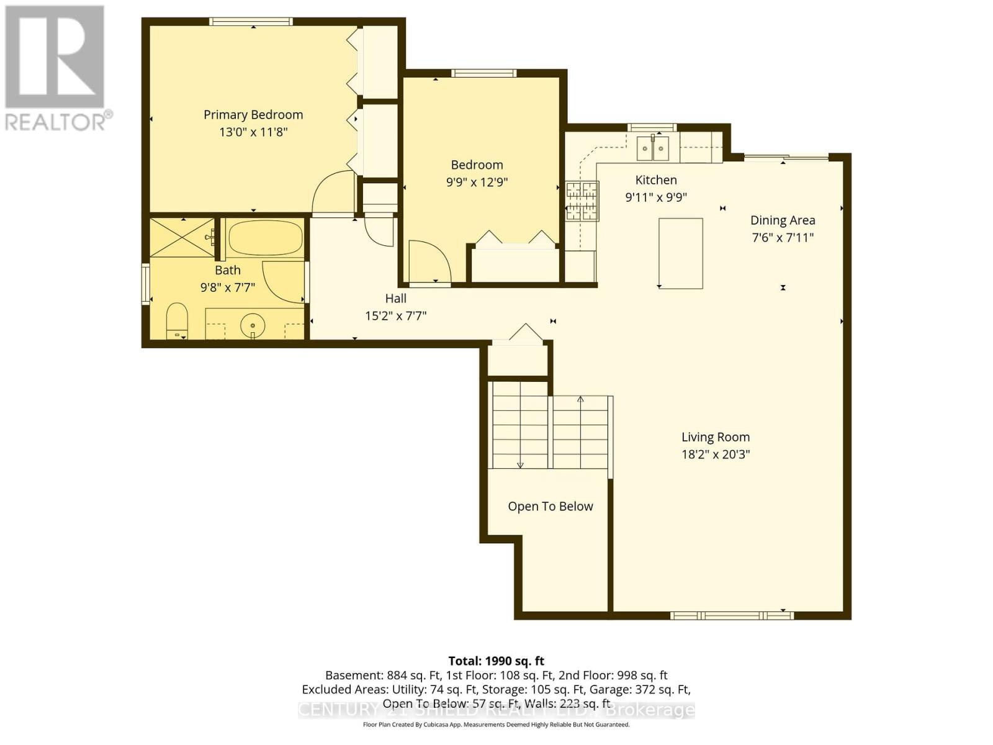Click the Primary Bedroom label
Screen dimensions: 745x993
pyautogui.click(x=253, y=115)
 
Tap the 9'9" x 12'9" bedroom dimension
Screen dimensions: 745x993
pyautogui.click(x=477, y=182)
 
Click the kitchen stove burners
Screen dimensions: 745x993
pyautogui.click(x=582, y=201)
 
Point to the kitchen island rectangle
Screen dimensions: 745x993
pyautogui.click(x=680, y=253)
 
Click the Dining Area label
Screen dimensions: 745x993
pyautogui.click(x=783, y=220)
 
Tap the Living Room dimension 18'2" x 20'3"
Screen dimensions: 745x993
pyautogui.click(x=716, y=454)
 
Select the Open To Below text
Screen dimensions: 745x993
pyautogui.click(x=550, y=507)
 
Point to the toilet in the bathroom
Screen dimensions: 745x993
pyautogui.click(x=177, y=320)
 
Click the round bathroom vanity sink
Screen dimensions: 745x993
pyautogui.click(x=253, y=324)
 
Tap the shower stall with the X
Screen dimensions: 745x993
pyautogui.click(x=182, y=237)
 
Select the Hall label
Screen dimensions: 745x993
pyautogui.click(x=396, y=299)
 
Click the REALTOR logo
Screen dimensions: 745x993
pyautogui.click(x=56, y=68)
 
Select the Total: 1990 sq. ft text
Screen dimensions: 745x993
pyautogui.click(x=496, y=661)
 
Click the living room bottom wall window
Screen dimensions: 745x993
pyautogui.click(x=732, y=615)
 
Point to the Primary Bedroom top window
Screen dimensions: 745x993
pyautogui.click(x=251, y=22)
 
